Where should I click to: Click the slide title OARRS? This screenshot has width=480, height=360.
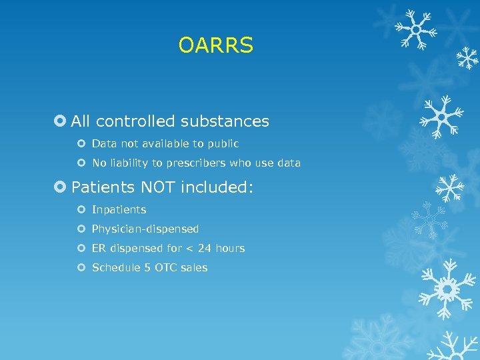[x=216, y=45]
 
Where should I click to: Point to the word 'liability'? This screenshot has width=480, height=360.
[x=132, y=163]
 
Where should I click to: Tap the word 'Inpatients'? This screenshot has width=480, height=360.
[x=119, y=210]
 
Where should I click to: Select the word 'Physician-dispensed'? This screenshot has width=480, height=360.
[x=145, y=229]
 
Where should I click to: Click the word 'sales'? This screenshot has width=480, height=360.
[x=194, y=267]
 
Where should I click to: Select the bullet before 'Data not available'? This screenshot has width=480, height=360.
[x=81, y=143]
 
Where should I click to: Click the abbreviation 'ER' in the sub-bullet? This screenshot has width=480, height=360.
[x=99, y=248]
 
